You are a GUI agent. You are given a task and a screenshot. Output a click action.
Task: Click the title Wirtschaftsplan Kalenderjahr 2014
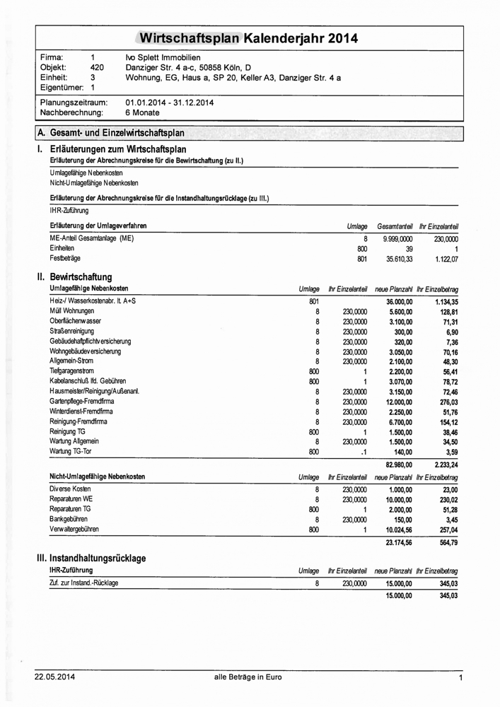249,37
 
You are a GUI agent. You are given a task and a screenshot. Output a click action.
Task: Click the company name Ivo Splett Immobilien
163,57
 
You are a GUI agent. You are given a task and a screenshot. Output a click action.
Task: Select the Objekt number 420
98,68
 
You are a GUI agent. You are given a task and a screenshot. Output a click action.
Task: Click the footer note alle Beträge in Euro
249,677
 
